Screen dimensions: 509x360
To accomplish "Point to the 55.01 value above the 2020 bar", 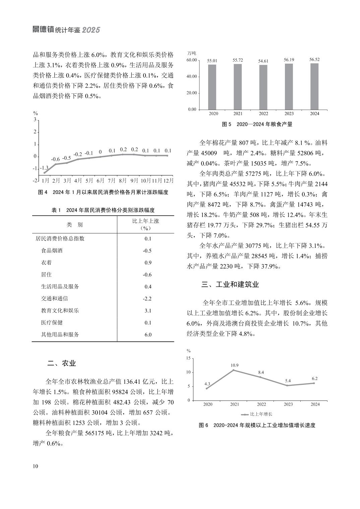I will pyautogui.click(x=212, y=61).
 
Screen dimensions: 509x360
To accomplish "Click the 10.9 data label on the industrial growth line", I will pyautogui.click(x=235, y=365).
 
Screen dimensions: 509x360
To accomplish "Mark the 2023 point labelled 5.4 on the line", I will pyautogui.click(x=287, y=385).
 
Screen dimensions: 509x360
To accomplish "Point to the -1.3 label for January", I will pyautogui.click(x=44, y=168).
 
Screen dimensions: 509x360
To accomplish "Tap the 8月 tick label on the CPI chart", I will pyautogui.click(x=123, y=180).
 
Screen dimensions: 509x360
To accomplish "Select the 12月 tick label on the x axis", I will pyautogui.click(x=168, y=180).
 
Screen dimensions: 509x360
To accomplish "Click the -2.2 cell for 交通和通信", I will pyautogui.click(x=147, y=299).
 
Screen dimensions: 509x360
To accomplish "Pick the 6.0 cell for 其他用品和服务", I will pyautogui.click(x=148, y=335).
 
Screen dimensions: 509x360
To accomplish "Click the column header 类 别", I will pyautogui.click(x=74, y=224).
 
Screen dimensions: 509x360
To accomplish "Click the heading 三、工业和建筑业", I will pyautogui.click(x=230, y=285).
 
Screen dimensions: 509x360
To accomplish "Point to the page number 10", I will pyautogui.click(x=36, y=467).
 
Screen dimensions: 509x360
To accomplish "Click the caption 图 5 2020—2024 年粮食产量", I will pyautogui.click(x=257, y=124).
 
